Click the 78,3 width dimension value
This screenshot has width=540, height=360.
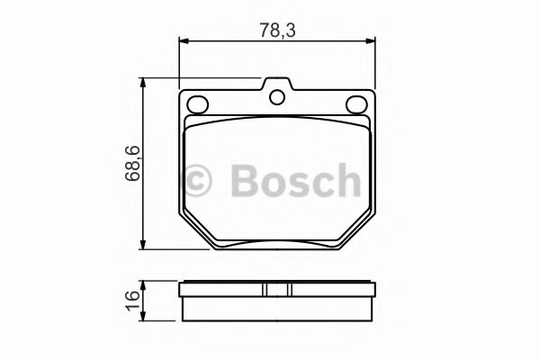[x=278, y=30]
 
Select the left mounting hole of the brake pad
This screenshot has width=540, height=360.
[x=202, y=103]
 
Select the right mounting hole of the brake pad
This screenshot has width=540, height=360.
[x=353, y=103]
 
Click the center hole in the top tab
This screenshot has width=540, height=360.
[x=278, y=96]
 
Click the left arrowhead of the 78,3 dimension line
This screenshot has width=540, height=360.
[x=184, y=40]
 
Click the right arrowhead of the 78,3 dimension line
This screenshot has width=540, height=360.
[x=372, y=40]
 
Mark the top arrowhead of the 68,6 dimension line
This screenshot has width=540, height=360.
[x=143, y=83]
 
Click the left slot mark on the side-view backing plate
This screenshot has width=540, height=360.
[x=267, y=290]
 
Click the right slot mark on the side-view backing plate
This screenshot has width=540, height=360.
[x=290, y=290]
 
